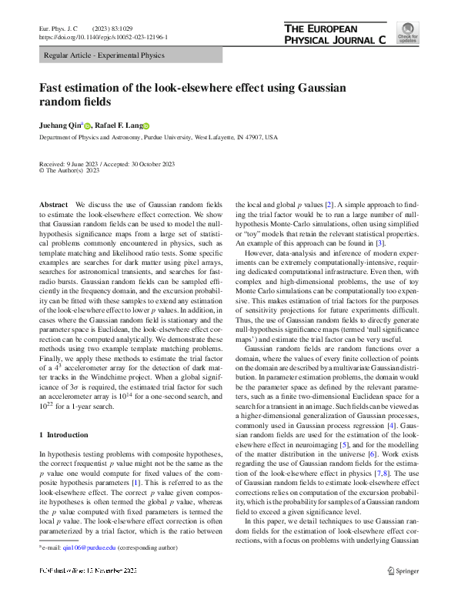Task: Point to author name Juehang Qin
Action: [60, 125]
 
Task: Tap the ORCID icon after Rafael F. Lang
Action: [146, 125]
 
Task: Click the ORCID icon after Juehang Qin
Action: [88, 125]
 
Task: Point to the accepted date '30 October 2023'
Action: [150, 164]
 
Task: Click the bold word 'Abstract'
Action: [52, 204]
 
